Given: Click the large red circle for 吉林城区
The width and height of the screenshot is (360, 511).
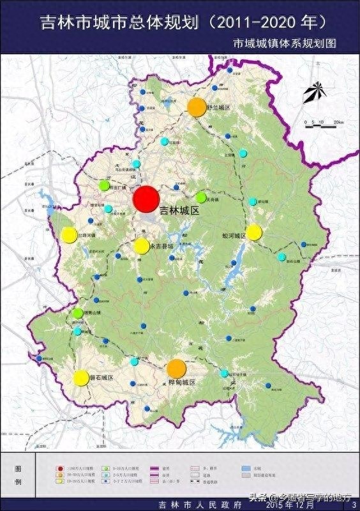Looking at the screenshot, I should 146,198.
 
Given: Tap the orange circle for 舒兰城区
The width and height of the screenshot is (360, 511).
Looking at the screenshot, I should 197,107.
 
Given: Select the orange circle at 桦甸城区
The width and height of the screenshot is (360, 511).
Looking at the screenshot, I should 176,369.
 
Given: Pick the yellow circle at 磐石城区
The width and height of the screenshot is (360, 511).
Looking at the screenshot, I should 81,378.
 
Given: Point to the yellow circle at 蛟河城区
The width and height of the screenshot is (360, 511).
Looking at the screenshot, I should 254,233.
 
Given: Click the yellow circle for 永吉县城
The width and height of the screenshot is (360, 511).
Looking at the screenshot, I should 141,246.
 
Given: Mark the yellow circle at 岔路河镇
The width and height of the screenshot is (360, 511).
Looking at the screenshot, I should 68,235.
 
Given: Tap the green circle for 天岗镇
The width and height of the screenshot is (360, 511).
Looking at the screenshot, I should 201,197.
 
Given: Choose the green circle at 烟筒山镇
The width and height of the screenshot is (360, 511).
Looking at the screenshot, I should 78,314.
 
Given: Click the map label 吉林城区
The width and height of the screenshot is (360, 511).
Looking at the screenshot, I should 179,210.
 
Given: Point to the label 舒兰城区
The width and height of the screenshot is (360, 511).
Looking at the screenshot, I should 218,107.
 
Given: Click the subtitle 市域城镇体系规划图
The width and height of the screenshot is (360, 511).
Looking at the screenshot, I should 284,43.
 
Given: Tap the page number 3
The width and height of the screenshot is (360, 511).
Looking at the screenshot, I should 354,506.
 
